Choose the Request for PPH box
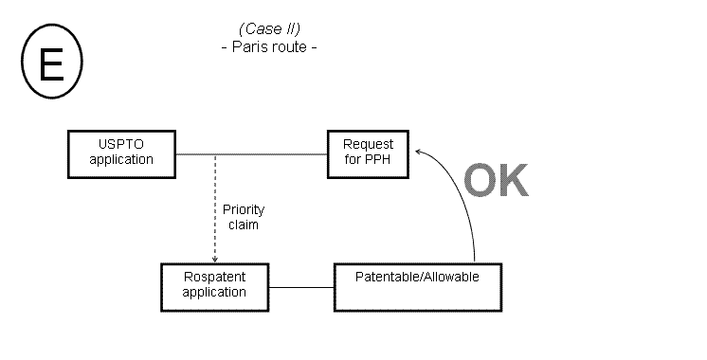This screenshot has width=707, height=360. pos(368,153)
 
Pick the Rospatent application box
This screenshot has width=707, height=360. pos(215,285)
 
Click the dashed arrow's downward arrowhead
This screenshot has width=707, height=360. pos(215,259)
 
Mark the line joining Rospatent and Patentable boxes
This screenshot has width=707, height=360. pos(302,285)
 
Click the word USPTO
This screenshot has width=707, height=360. pos(121,145)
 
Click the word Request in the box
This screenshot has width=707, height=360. pos(368,145)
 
